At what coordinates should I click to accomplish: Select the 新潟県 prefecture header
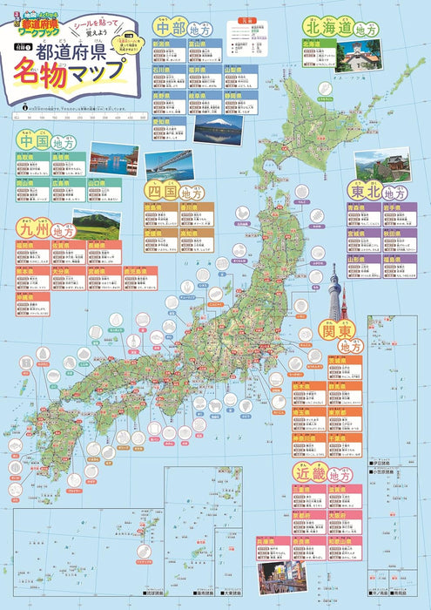click(x=161, y=43)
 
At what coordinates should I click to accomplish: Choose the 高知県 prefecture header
click(x=199, y=234)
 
